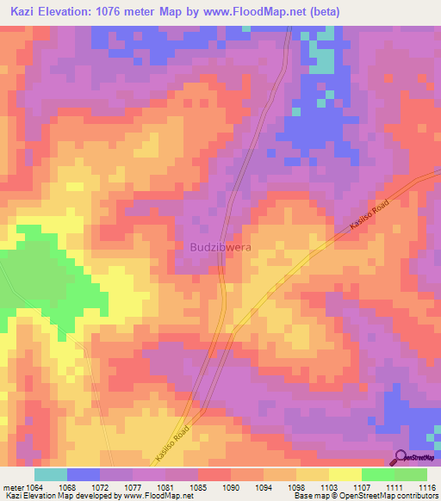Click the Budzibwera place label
(x=219, y=246)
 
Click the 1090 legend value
(x=230, y=486)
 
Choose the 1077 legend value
(x=131, y=486)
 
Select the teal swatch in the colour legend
(x=50, y=474)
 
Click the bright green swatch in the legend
(x=377, y=474)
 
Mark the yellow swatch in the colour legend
(x=345, y=474)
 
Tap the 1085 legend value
(x=197, y=486)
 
